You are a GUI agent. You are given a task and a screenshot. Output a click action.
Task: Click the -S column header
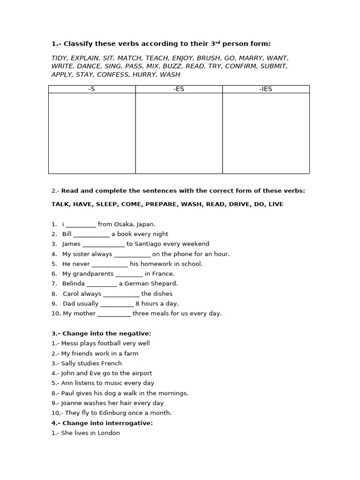92,89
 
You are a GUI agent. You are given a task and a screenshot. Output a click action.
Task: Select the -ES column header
179,89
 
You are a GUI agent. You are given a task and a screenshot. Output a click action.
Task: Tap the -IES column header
266,89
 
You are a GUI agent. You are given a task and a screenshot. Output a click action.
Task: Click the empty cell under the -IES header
266,133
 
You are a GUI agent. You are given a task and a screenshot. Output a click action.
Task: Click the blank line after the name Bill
91,234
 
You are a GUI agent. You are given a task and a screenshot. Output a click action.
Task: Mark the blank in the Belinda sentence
102,284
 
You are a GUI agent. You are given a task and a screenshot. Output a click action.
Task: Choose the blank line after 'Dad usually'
117,304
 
